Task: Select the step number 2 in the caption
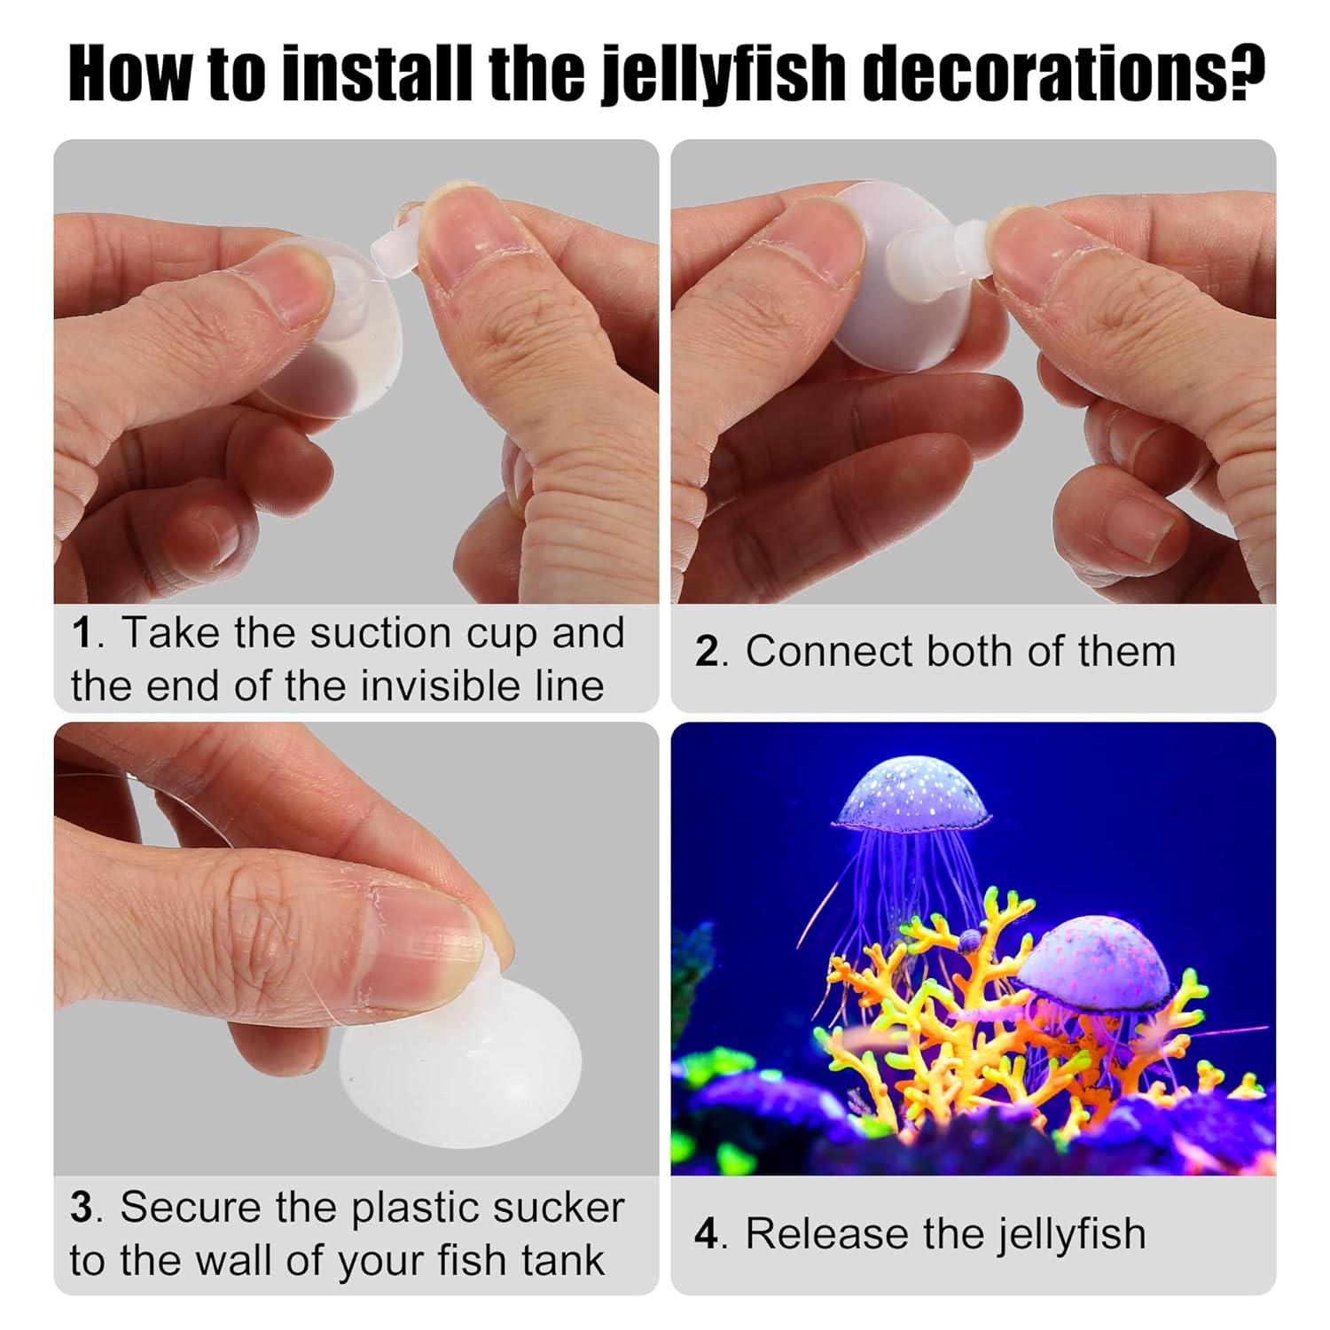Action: (x=706, y=653)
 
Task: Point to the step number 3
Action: (x=81, y=1208)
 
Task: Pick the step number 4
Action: (x=706, y=1234)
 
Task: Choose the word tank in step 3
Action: (x=558, y=1260)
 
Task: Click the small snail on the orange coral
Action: (x=967, y=941)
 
